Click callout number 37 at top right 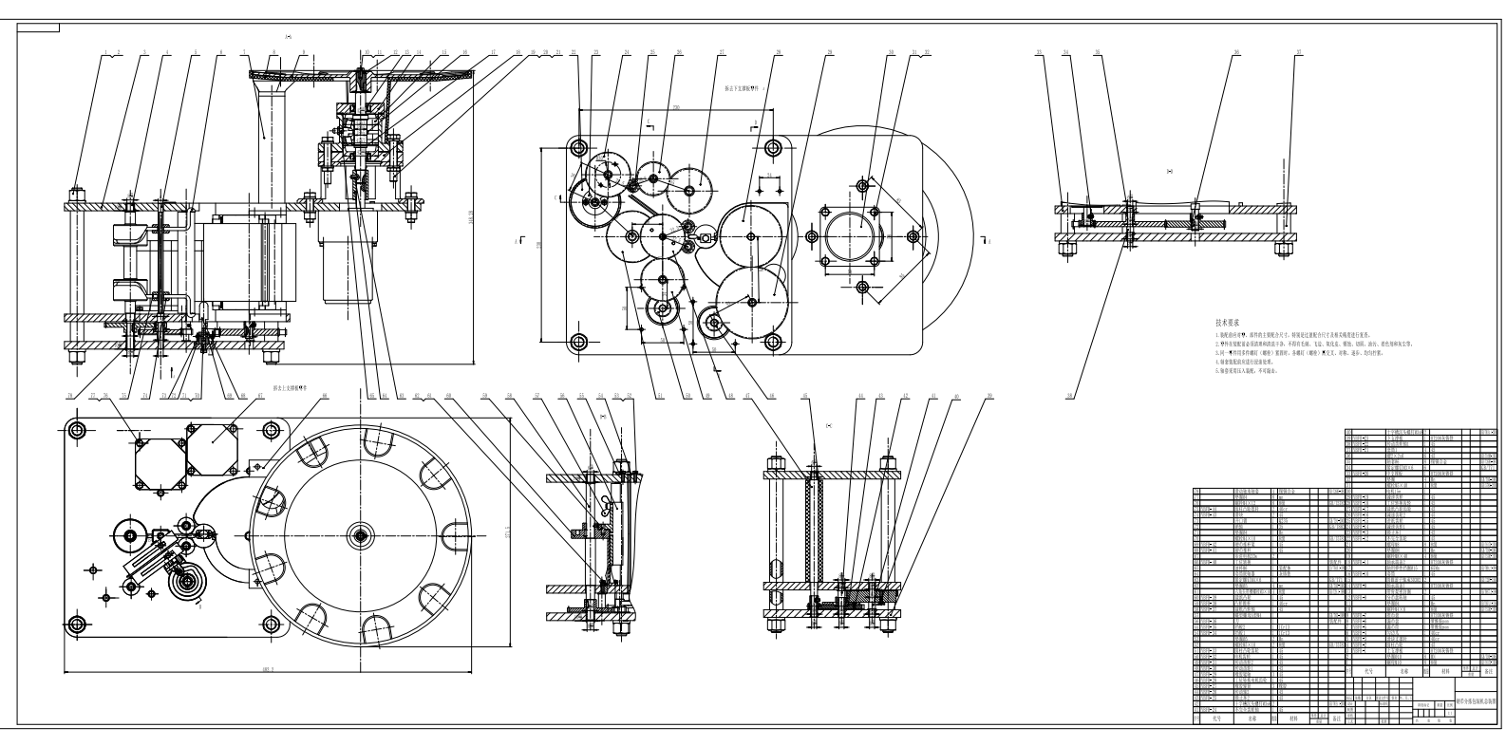tap(1298, 52)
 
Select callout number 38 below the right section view tap(1069, 394)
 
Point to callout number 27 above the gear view tap(722, 52)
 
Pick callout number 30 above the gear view tap(891, 52)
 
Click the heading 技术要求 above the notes tap(1229, 323)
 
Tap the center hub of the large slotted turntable tap(361, 535)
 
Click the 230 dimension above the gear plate tap(675, 109)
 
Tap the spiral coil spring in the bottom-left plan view tap(188, 581)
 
